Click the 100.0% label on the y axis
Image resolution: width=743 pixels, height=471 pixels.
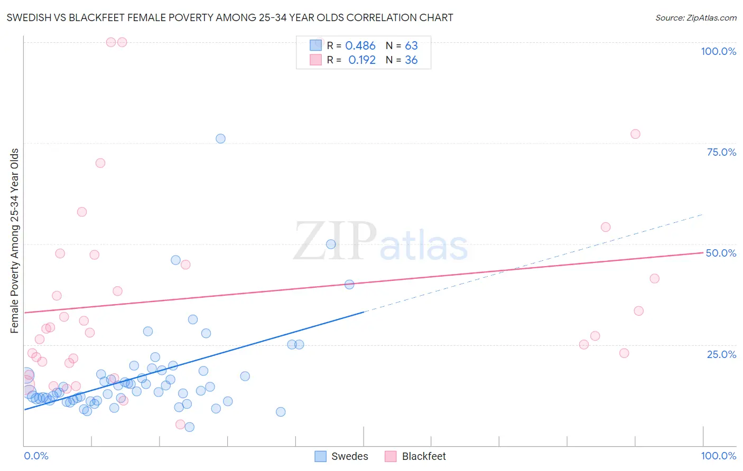pos(718,51)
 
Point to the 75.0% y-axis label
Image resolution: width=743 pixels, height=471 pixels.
pos(721,152)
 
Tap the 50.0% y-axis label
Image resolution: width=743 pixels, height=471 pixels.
pos(721,253)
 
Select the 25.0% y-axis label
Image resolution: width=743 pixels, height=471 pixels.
pos(721,354)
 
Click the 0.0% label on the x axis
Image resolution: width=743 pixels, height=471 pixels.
pos(36,456)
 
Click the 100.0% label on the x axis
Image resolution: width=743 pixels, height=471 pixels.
pos(718,456)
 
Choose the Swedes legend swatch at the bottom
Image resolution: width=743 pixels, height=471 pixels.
pos(320,456)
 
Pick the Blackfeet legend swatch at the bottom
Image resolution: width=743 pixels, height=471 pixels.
pos(391,456)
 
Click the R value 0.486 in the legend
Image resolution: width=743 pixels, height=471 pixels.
pos(360,46)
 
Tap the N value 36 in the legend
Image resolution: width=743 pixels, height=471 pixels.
pos(411,60)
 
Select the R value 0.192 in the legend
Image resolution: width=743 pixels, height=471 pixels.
pos(362,60)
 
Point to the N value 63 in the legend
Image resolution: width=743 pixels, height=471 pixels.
pos(411,46)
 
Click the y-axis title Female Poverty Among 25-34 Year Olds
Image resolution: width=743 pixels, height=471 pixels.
pos(14,241)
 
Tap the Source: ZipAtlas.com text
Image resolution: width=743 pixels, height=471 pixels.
pos(695,17)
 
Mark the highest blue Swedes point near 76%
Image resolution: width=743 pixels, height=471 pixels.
pos(220,138)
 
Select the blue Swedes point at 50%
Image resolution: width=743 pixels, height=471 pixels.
pos(331,244)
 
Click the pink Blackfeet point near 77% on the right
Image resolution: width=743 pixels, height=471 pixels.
pos(635,134)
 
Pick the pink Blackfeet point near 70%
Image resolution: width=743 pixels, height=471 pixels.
pos(100,163)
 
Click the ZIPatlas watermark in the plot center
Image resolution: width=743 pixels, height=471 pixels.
pos(380,242)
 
